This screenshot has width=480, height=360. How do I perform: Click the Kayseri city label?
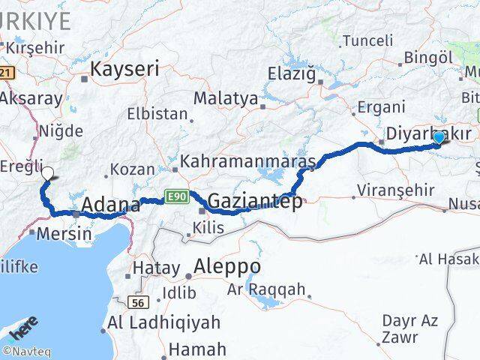(x=125, y=70)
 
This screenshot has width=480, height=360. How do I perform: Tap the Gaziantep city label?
(x=255, y=201)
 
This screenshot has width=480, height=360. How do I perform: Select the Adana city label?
(x=110, y=205)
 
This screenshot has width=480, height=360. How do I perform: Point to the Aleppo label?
(x=227, y=266)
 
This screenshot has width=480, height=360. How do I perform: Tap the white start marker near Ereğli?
(x=47, y=173)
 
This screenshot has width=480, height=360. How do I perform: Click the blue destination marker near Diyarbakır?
(x=439, y=138)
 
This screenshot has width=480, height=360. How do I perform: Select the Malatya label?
(x=226, y=99)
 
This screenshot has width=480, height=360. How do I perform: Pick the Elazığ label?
(x=293, y=73)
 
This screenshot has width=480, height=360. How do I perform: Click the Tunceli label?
(x=367, y=40)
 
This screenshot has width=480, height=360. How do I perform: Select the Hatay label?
(x=155, y=268)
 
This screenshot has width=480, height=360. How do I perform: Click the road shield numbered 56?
(x=136, y=302)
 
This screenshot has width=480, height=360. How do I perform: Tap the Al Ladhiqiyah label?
(x=164, y=323)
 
